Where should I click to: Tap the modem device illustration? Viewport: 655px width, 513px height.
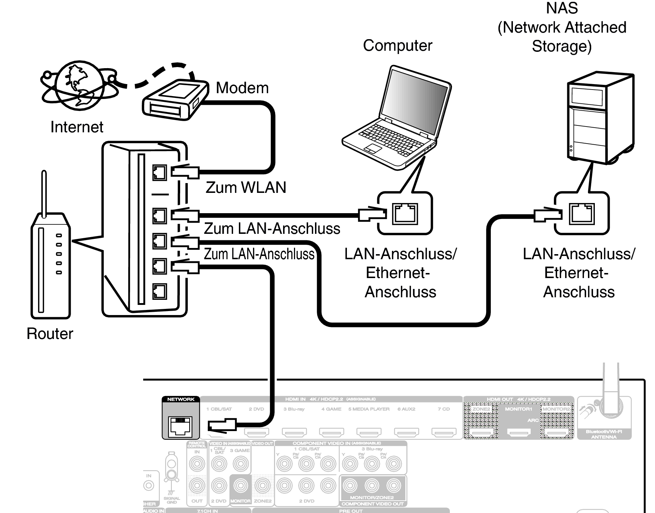175,100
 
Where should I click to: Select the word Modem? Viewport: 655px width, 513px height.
242,88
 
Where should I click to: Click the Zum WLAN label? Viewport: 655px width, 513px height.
246,187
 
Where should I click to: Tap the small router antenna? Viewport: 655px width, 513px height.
44,194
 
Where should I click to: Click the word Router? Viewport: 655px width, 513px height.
50,334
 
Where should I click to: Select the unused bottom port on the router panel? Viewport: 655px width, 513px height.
159,291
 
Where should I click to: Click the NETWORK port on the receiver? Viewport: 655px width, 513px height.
181,425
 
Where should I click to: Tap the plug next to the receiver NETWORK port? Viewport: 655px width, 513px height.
222,425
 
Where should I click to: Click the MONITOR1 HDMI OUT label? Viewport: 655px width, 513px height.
518,409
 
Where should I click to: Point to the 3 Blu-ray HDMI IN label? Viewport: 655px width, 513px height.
294,409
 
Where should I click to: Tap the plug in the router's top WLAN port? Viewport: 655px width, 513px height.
185,172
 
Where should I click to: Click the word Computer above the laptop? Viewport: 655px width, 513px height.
397,46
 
